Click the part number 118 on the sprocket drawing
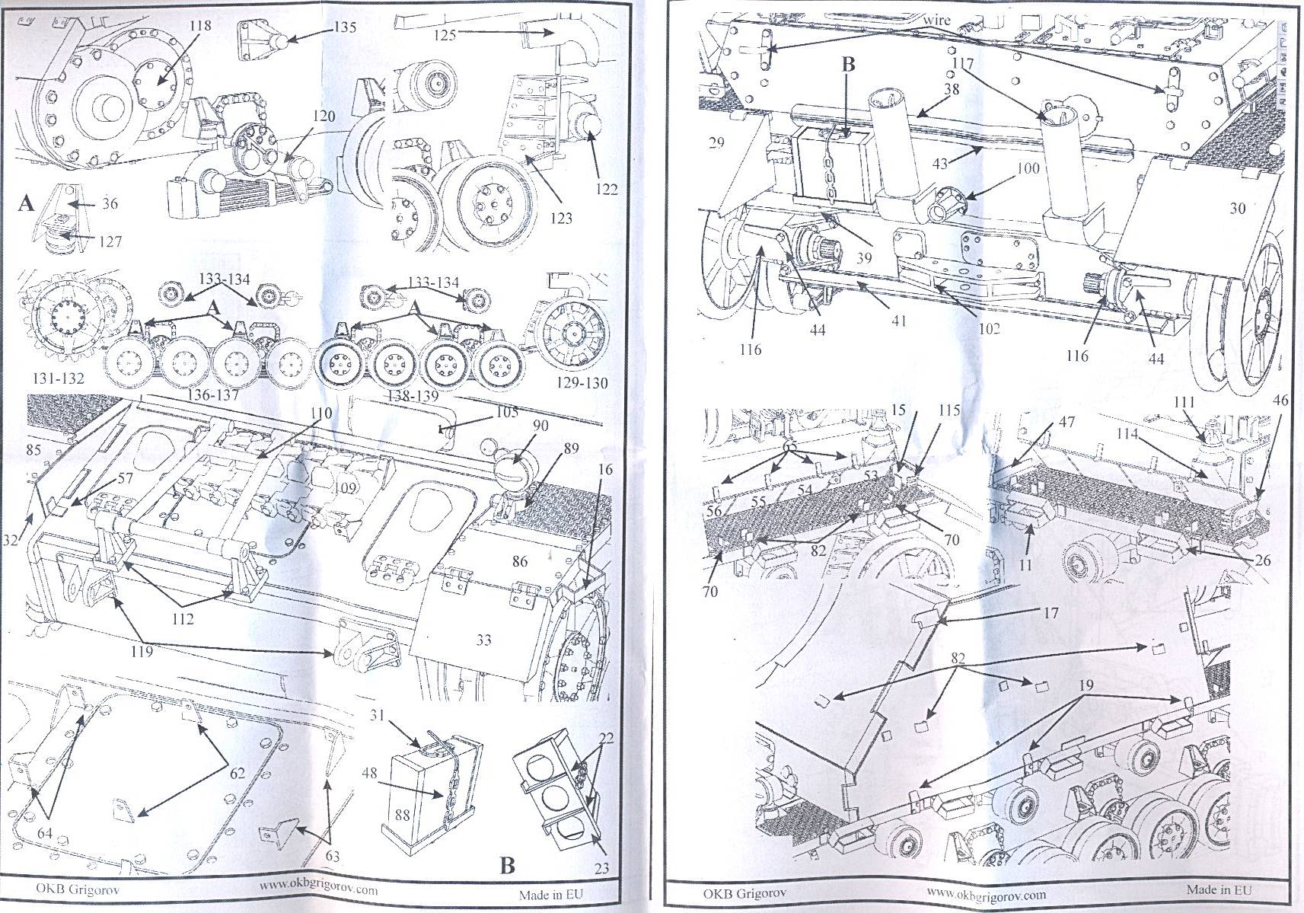(x=199, y=26)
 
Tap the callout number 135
(x=344, y=27)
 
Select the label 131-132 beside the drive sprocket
(x=58, y=378)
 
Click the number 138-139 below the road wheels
(x=412, y=395)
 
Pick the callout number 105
(x=506, y=412)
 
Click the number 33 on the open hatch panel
(x=483, y=640)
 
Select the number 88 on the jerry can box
(x=402, y=815)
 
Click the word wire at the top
(x=936, y=21)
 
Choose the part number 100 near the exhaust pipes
(x=1028, y=168)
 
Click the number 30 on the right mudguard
(x=1237, y=208)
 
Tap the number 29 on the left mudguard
(x=716, y=142)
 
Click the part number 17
(x=1051, y=612)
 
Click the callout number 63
(x=332, y=857)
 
